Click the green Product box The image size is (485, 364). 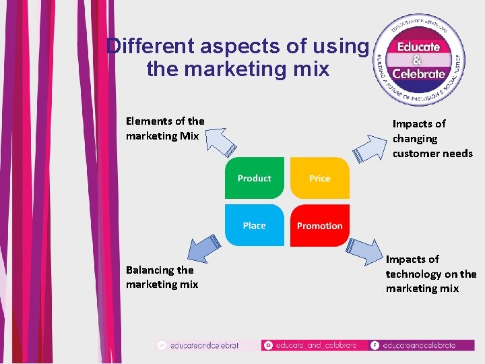255,178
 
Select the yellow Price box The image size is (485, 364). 320,178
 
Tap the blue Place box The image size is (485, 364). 255,226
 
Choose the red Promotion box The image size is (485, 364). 320,226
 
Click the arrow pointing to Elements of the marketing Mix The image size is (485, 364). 220,142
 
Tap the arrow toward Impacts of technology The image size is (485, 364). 364,250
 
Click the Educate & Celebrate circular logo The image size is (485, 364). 420,61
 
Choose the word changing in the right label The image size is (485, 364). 415,138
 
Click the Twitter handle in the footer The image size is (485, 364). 205,345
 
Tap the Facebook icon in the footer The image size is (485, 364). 375,345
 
